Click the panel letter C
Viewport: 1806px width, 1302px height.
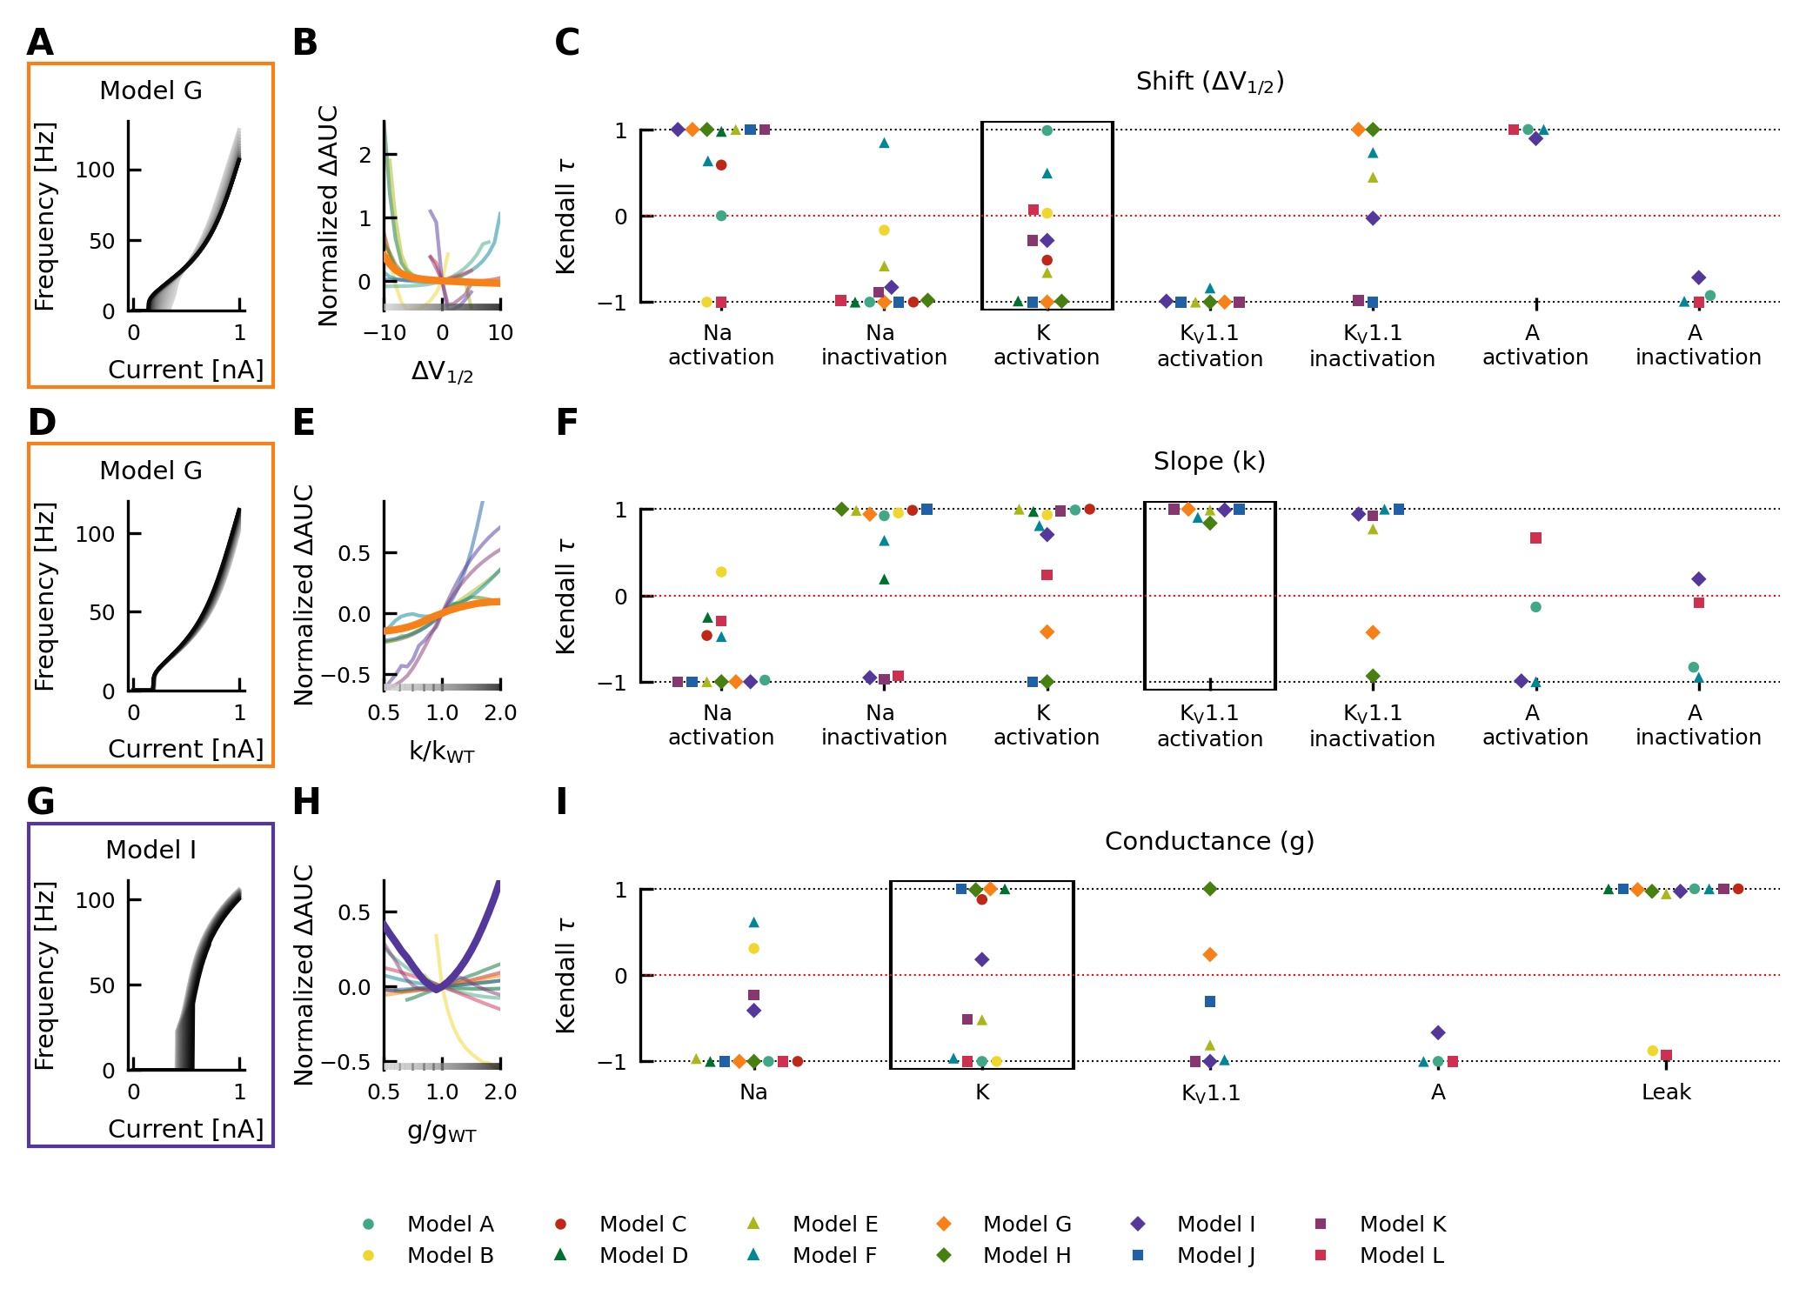pos(566,43)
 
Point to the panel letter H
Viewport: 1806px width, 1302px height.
pos(306,801)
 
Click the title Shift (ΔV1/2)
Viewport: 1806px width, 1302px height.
pos(1209,82)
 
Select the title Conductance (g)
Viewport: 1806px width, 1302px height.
pos(1209,841)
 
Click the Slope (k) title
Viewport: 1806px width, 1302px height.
pos(1209,461)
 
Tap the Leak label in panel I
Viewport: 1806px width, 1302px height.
pos(1666,1092)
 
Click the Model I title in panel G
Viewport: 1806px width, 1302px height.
pos(150,850)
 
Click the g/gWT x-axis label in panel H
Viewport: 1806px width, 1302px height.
pos(442,1132)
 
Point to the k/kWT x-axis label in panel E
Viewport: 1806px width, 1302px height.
pos(442,751)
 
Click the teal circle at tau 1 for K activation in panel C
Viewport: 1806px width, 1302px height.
pos(1047,130)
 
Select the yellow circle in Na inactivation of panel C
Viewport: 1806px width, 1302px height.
pos(884,230)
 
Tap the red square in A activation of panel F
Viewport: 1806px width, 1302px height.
pos(1535,538)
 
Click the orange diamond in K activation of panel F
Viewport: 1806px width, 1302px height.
pos(1047,632)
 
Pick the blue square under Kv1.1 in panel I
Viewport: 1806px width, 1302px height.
pos(1209,1002)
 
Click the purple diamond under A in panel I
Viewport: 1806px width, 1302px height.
pos(1438,1032)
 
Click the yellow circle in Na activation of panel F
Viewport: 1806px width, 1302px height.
pos(720,572)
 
